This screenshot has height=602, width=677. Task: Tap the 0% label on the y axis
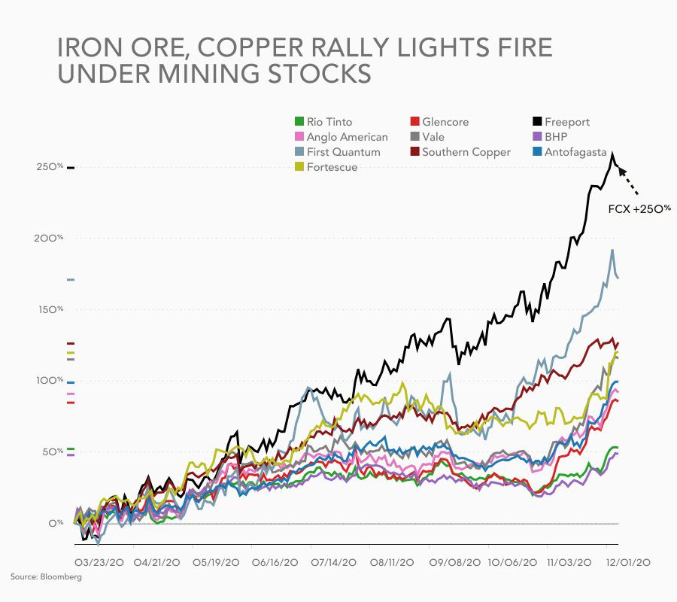pyautogui.click(x=56, y=523)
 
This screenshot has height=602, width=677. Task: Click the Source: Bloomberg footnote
pyautogui.click(x=46, y=576)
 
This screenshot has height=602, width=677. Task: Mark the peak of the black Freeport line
pyautogui.click(x=612, y=154)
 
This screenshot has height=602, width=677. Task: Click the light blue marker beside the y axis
pyautogui.click(x=71, y=280)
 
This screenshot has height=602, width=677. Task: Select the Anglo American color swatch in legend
pyautogui.click(x=298, y=137)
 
